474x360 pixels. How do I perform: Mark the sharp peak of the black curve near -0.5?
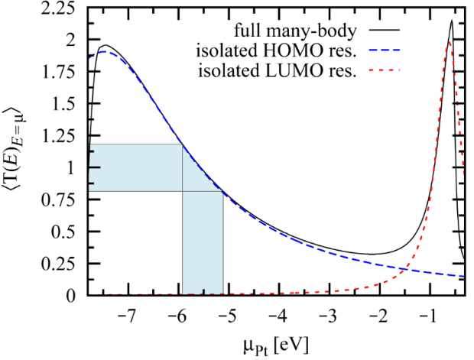click(452, 21)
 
